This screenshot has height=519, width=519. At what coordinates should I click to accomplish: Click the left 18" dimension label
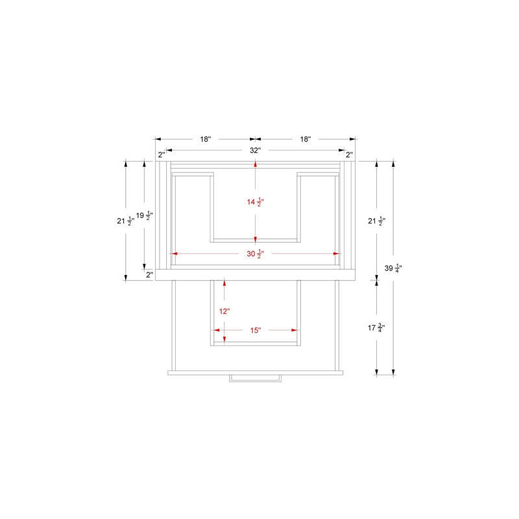[x=205, y=139]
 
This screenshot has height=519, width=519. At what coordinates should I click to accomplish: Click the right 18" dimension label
[x=306, y=139]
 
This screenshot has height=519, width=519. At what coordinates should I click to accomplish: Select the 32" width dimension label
[x=255, y=151]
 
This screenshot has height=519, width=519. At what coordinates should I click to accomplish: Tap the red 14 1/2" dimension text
[x=256, y=202]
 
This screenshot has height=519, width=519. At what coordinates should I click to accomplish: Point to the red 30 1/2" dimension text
[x=256, y=254]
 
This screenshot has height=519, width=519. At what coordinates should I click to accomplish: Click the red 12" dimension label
[x=224, y=311]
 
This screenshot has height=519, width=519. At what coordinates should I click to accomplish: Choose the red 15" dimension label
[x=256, y=330]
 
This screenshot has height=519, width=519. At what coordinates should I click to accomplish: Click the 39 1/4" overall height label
[x=393, y=268]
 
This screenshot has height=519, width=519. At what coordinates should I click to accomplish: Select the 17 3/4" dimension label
[x=376, y=328]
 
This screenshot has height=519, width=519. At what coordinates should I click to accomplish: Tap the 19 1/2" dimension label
[x=144, y=215]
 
